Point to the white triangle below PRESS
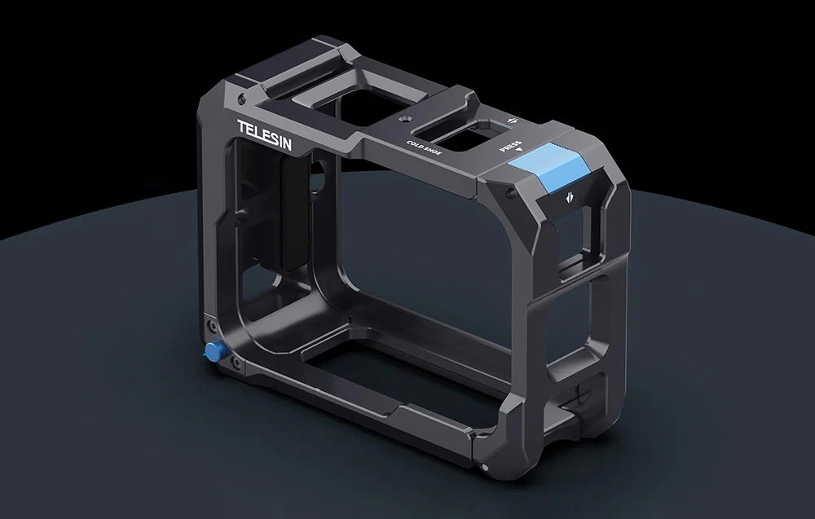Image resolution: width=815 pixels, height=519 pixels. (518, 150)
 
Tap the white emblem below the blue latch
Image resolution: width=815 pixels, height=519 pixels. (569, 197)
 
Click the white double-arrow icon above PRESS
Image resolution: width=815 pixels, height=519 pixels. (513, 120)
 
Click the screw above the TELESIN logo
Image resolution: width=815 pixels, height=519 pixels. (240, 98)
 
